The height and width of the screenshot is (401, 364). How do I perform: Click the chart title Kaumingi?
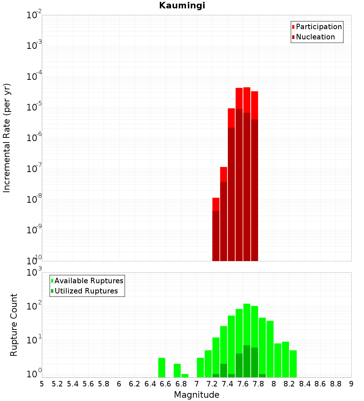click(x=182, y=6)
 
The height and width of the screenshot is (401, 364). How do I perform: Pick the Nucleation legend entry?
click(x=315, y=37)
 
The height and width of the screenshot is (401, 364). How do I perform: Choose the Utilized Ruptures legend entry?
click(x=86, y=291)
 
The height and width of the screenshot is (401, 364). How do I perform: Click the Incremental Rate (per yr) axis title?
click(x=7, y=138)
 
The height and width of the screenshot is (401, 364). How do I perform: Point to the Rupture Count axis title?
click(x=14, y=325)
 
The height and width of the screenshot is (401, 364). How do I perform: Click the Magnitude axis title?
click(x=197, y=395)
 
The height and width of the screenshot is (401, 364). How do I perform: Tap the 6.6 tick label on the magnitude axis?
click(x=166, y=384)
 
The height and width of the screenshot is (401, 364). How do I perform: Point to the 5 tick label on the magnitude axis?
click(x=42, y=384)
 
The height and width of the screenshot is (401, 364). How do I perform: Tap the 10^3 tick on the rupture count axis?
click(x=35, y=273)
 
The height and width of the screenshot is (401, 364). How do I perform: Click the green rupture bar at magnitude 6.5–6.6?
click(x=162, y=367)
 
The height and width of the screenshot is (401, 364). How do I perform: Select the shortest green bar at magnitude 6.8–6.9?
click(x=185, y=375)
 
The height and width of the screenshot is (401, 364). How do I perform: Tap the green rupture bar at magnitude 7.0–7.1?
click(x=201, y=367)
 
